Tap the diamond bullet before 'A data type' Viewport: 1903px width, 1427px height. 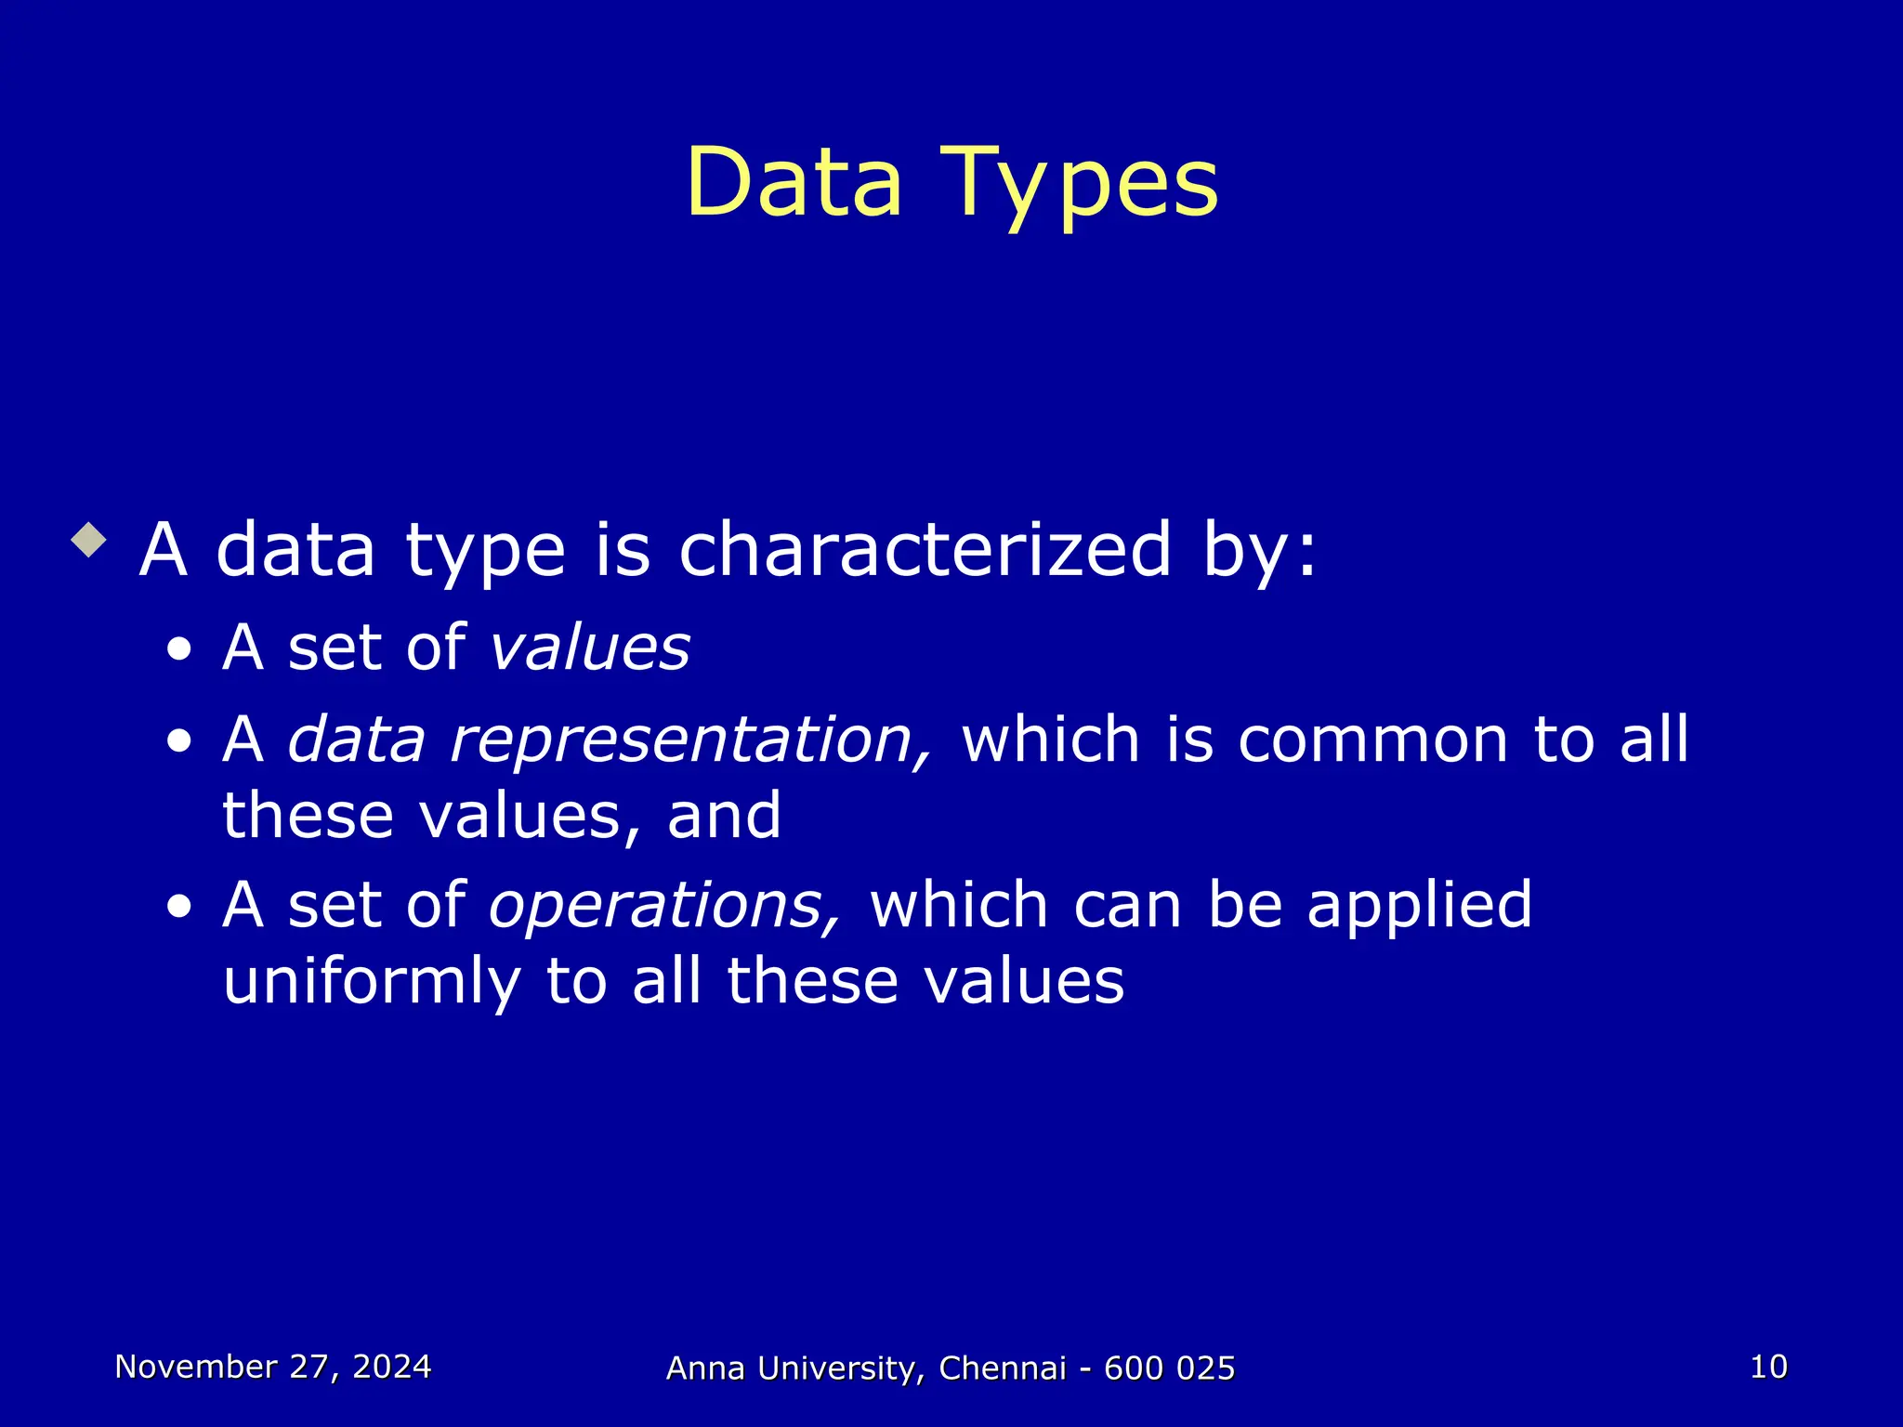click(89, 540)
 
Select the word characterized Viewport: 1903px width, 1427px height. click(925, 549)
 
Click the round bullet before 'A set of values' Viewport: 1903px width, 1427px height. click(179, 650)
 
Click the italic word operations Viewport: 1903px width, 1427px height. click(665, 906)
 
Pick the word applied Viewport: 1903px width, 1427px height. click(1419, 906)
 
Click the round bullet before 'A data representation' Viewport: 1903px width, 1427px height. click(179, 742)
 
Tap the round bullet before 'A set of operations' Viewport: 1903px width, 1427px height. click(179, 906)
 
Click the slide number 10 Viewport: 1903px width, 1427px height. click(1768, 1367)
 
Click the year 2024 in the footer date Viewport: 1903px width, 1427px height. click(391, 1367)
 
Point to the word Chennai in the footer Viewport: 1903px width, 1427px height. click(1003, 1368)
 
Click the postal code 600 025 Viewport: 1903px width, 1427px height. click(1169, 1368)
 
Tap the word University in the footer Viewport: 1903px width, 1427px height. click(840, 1368)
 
